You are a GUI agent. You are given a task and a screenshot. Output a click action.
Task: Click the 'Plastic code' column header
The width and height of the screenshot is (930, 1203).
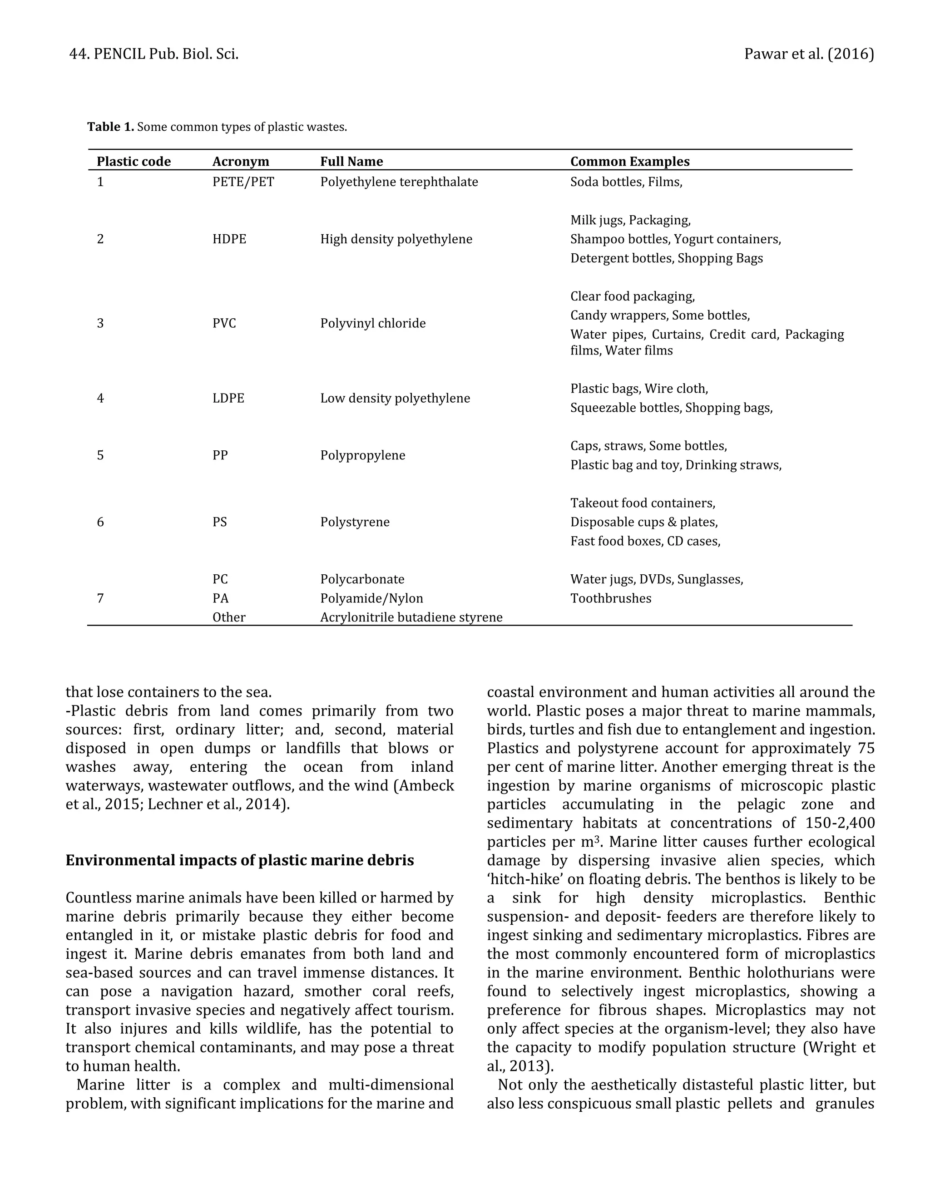tap(134, 162)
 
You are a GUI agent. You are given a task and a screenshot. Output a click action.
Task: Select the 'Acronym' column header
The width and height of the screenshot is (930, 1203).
tap(241, 162)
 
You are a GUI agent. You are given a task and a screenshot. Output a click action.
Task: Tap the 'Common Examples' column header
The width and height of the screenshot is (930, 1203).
tap(630, 162)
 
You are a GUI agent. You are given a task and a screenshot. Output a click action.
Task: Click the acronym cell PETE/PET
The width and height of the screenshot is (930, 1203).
tap(243, 182)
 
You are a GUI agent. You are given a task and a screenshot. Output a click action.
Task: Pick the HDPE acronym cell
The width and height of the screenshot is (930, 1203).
tap(229, 239)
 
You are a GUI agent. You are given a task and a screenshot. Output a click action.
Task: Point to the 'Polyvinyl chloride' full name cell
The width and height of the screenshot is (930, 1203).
tap(372, 323)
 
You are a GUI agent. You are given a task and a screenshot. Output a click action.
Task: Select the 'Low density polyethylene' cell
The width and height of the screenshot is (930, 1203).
tap(395, 398)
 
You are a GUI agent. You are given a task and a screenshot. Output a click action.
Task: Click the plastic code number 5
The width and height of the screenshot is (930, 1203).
tap(100, 455)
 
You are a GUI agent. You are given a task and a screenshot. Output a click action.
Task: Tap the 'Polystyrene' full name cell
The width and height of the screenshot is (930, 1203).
tap(355, 522)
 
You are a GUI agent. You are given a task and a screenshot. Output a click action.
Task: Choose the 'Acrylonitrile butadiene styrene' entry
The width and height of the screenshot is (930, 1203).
tap(411, 617)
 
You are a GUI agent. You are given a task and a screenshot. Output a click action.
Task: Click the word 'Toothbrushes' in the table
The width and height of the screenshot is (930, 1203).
tap(610, 598)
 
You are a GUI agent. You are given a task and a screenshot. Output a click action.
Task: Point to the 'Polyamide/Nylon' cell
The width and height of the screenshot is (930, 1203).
tap(371, 598)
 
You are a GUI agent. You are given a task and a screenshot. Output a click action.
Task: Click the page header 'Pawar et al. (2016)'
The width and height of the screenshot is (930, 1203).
tap(808, 54)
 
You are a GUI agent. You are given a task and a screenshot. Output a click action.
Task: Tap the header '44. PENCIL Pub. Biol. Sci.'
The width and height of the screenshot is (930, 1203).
tap(154, 54)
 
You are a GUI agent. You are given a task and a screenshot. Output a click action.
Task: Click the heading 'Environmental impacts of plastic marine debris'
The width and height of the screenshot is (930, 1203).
tap(240, 860)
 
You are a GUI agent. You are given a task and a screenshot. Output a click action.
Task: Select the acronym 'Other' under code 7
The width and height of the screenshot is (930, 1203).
tap(229, 617)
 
